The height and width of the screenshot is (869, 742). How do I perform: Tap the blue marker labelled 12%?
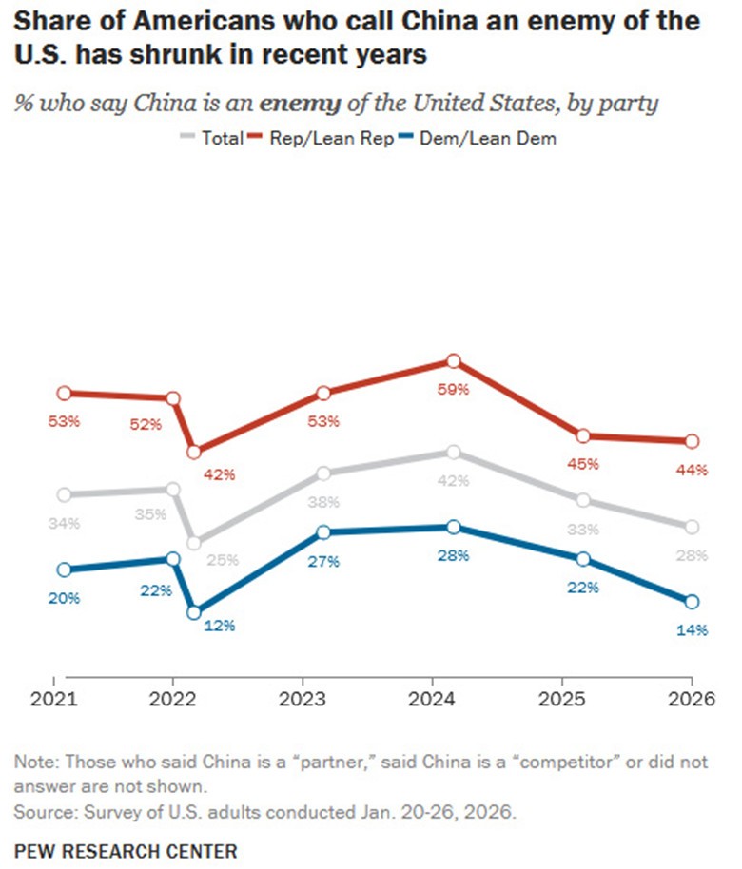(x=193, y=613)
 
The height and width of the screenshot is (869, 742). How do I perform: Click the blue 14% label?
(x=692, y=629)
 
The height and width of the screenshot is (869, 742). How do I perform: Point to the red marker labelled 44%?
(x=692, y=441)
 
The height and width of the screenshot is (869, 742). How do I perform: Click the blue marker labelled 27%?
(x=323, y=532)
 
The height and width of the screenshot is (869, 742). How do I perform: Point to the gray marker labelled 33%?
(x=582, y=500)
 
